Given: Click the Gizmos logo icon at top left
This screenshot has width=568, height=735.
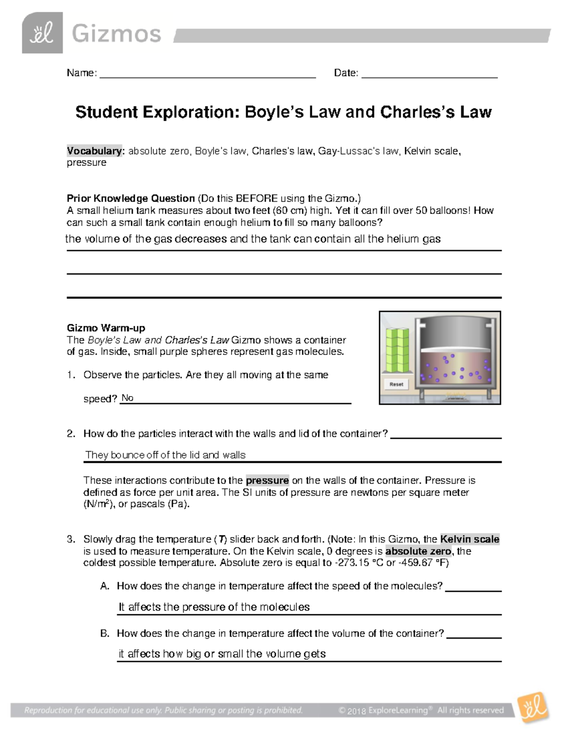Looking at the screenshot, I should click(x=42, y=33).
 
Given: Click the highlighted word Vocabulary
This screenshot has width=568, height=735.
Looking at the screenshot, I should click(x=94, y=151).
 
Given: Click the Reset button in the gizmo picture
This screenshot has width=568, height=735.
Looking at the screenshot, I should click(x=396, y=384).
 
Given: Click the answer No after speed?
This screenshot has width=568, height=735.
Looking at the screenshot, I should click(x=127, y=398).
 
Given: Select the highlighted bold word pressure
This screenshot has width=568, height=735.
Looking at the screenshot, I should click(x=267, y=480).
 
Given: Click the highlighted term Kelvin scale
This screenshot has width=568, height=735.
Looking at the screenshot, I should click(x=470, y=539).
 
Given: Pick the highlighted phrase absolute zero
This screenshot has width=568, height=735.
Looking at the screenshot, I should click(x=418, y=551).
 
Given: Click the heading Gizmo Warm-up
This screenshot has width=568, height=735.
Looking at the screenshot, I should click(x=106, y=328).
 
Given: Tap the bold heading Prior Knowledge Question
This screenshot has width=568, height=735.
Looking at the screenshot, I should click(x=131, y=198).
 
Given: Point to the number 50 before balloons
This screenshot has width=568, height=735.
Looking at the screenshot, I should click(x=438, y=211).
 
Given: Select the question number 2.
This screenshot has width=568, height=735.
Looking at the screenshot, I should click(x=71, y=434).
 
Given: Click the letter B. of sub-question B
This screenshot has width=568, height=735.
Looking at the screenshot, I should click(x=105, y=633).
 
